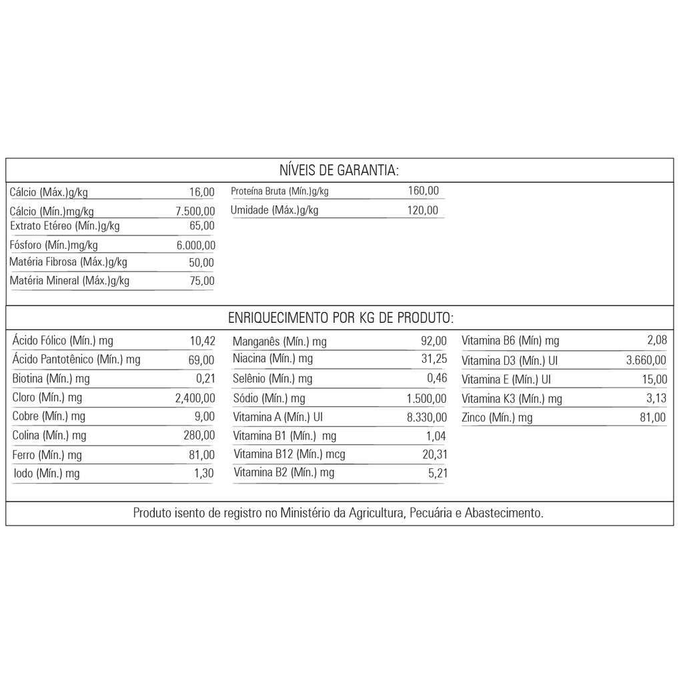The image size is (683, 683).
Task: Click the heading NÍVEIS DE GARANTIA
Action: tap(339, 170)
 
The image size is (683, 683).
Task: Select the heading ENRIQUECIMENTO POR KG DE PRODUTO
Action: tap(341, 317)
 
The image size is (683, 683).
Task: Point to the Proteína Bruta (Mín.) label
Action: tap(279, 191)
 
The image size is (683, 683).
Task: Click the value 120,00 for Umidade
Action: tap(423, 210)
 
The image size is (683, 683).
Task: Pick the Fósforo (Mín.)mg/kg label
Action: tap(53, 245)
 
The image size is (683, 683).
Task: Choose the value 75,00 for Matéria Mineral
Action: tap(202, 281)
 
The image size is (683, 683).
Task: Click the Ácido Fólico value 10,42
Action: tap(202, 341)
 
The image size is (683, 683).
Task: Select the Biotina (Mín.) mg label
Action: tap(51, 379)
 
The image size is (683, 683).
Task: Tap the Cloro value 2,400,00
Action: tap(195, 398)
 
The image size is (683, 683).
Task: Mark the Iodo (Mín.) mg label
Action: tap(47, 474)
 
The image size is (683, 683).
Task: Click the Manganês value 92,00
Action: tap(434, 341)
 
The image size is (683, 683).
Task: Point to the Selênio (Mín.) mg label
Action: tap(272, 379)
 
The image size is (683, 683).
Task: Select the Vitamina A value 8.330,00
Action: tap(426, 418)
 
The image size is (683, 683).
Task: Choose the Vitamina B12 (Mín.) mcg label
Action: tap(289, 454)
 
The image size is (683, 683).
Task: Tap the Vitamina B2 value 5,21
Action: tap(437, 473)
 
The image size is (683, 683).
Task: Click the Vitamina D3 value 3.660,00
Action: tap(646, 360)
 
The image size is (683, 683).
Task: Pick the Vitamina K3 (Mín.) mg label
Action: tap(512, 399)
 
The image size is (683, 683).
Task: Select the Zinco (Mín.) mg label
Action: tap(497, 418)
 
